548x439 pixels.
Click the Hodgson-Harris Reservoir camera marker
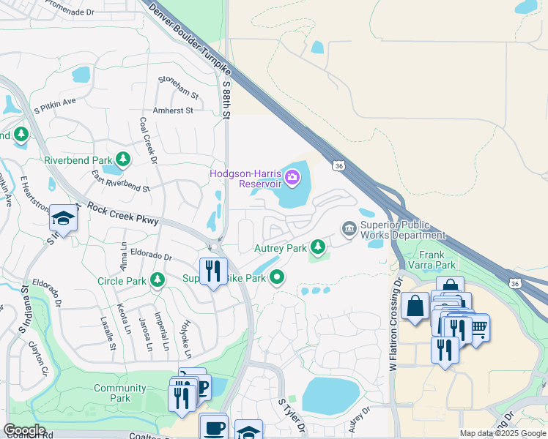[292, 177]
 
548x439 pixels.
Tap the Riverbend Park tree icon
[123, 160]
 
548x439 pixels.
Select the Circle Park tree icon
[157, 280]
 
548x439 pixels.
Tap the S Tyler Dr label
[291, 416]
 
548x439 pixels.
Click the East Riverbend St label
[120, 182]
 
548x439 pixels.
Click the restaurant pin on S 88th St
[213, 271]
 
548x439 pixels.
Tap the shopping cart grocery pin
[478, 327]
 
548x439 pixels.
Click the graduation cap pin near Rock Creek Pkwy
[63, 218]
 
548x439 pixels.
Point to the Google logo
[24, 429]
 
